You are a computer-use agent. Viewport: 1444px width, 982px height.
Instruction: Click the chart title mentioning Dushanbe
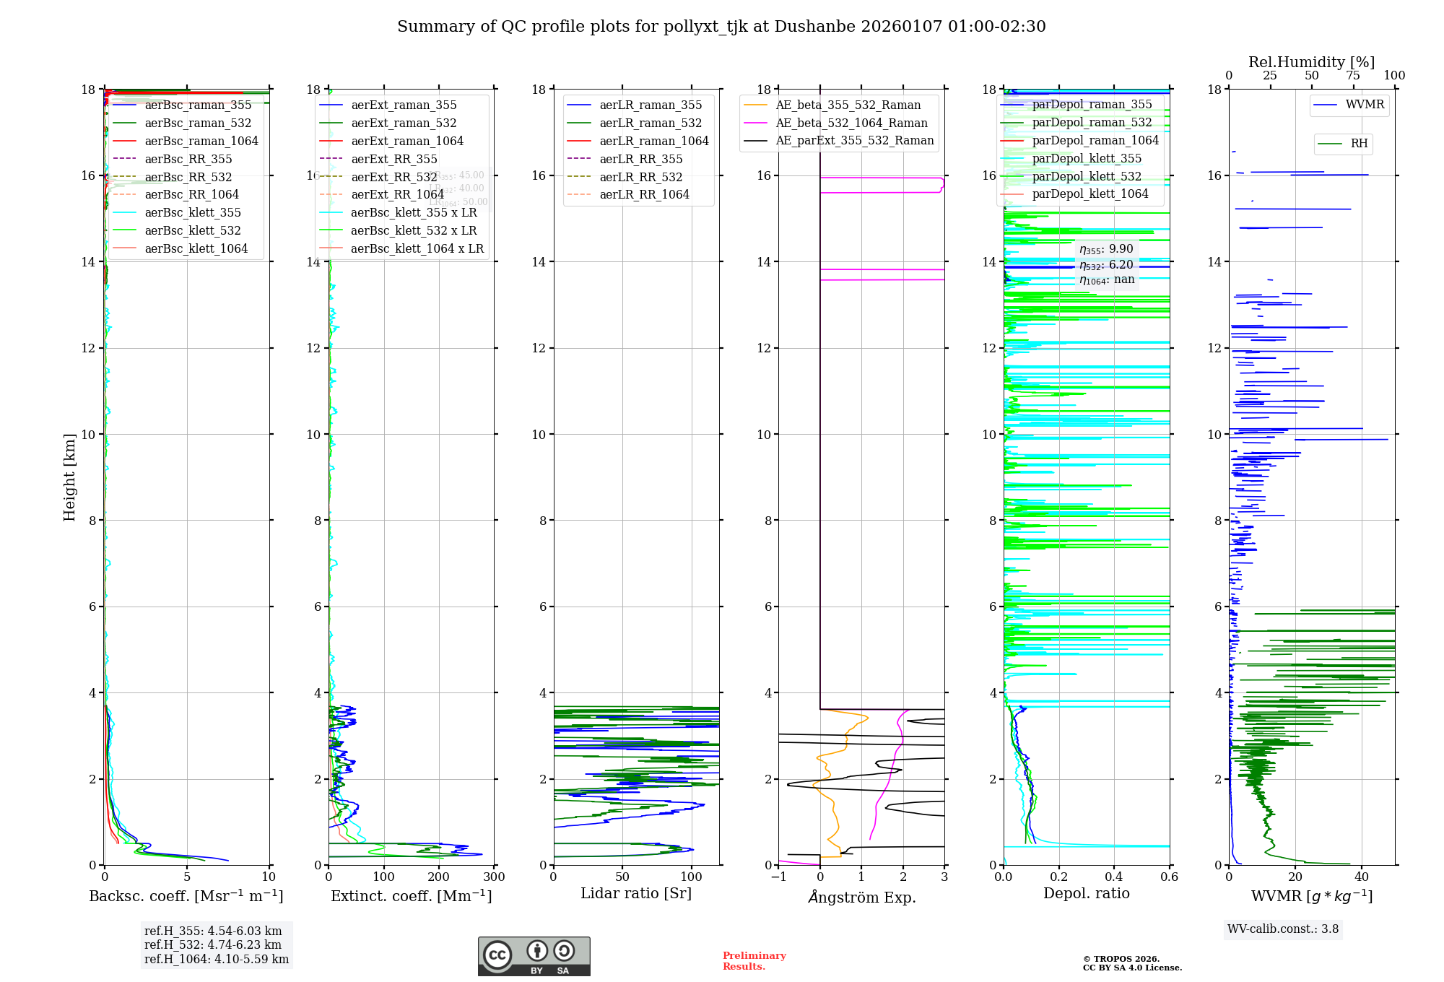pyautogui.click(x=721, y=27)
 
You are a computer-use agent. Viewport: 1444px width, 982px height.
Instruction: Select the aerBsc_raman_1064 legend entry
pyautogui.click(x=201, y=141)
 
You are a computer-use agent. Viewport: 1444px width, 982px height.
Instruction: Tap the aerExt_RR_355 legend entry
pyautogui.click(x=393, y=159)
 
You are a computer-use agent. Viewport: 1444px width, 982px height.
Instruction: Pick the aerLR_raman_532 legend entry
pyautogui.click(x=650, y=123)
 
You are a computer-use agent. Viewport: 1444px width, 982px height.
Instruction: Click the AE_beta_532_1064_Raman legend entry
pyautogui.click(x=851, y=123)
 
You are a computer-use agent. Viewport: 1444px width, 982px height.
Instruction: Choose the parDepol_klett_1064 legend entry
pyautogui.click(x=1089, y=194)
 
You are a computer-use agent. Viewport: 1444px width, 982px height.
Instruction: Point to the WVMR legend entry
pyautogui.click(x=1364, y=105)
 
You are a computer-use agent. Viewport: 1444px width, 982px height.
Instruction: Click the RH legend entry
pyautogui.click(x=1358, y=144)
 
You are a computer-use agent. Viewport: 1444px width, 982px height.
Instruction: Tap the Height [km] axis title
pyautogui.click(x=69, y=477)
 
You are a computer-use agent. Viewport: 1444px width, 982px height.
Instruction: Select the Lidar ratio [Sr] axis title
pyautogui.click(x=636, y=893)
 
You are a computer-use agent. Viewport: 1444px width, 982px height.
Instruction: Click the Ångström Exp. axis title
pyautogui.click(x=861, y=897)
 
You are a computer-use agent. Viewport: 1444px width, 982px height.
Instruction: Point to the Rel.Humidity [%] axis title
pyautogui.click(x=1311, y=62)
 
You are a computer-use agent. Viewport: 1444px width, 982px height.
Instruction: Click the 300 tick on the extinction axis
pyautogui.click(x=494, y=877)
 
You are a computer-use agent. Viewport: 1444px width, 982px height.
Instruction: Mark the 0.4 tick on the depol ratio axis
pyautogui.click(x=1114, y=877)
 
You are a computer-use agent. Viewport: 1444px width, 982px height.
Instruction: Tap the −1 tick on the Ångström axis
pyautogui.click(x=778, y=877)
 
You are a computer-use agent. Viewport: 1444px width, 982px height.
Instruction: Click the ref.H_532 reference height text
pyautogui.click(x=212, y=944)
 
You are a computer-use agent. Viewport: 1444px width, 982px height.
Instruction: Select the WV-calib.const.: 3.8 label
pyautogui.click(x=1283, y=929)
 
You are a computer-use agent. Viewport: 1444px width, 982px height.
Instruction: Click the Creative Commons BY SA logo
pyautogui.click(x=534, y=956)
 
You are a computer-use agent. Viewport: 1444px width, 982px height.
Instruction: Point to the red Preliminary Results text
pyautogui.click(x=754, y=960)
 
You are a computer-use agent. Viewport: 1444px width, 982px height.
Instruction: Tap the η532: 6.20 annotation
pyautogui.click(x=1106, y=265)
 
